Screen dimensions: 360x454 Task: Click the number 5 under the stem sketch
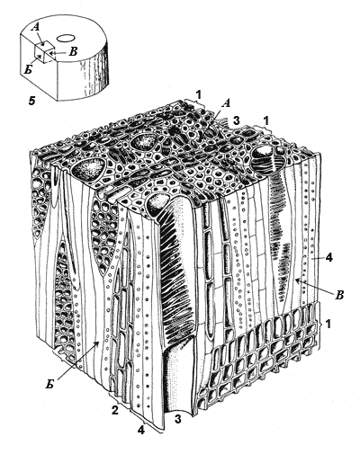[x=31, y=101]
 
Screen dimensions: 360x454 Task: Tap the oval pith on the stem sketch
[x=66, y=39]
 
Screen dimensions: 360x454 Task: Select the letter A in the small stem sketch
[x=36, y=28]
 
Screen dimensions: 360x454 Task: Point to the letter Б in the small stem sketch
[x=29, y=70]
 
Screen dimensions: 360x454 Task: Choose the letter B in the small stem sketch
[x=73, y=51]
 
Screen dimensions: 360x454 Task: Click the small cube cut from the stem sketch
[x=44, y=51]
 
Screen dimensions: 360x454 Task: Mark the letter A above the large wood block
[x=227, y=103]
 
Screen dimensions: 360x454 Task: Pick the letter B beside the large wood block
[x=338, y=295]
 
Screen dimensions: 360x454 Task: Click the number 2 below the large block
[x=114, y=410]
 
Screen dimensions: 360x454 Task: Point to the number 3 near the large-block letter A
[x=237, y=121]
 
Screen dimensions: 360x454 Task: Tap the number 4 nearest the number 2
[x=141, y=431]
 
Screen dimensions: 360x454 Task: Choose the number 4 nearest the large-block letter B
[x=328, y=258]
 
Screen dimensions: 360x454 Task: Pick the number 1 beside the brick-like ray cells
[x=328, y=324]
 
